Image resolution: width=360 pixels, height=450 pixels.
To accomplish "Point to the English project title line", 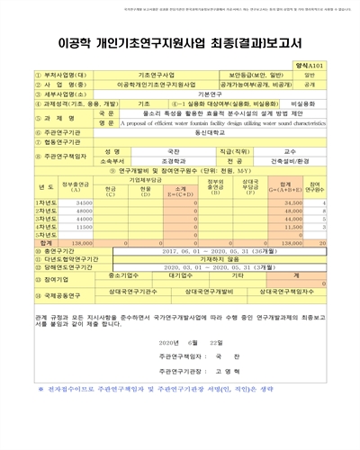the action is point(220,122).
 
